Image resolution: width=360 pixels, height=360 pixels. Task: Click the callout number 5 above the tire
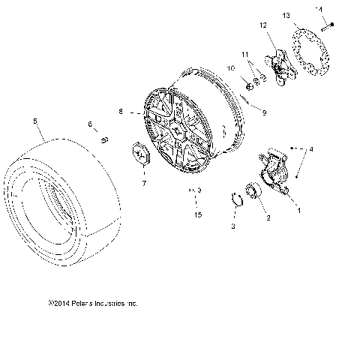[35, 119]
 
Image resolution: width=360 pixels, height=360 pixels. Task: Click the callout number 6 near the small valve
[89, 124]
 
